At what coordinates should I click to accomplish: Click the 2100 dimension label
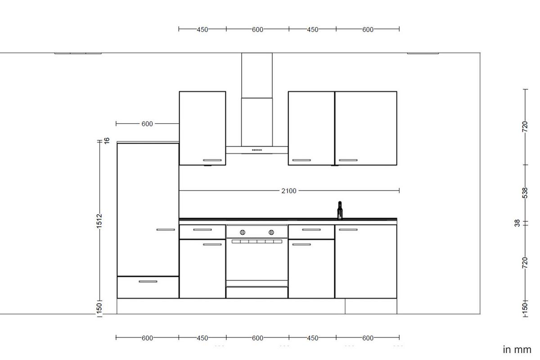[x=289, y=191]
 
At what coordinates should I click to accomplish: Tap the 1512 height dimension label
[x=99, y=221]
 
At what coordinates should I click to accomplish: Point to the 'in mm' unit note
[x=517, y=350]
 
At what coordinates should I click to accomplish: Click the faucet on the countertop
[x=340, y=210]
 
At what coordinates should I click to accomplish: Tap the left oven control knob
[x=243, y=232]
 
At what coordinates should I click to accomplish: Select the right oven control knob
[x=271, y=232]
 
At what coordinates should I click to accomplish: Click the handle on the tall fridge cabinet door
[x=165, y=229]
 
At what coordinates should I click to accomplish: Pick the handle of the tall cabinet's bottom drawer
[x=148, y=281]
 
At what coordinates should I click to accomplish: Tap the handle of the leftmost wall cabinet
[x=212, y=160]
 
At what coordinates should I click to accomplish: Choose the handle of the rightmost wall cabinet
[x=348, y=160]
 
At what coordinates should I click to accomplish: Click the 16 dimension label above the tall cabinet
[x=107, y=140]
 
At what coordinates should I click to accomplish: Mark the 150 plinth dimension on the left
[x=99, y=308]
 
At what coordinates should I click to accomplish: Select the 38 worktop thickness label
[x=517, y=223]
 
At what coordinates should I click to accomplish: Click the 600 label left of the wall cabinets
[x=147, y=124]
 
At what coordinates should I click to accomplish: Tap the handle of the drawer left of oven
[x=202, y=230]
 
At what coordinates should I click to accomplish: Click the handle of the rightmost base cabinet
[x=348, y=230]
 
